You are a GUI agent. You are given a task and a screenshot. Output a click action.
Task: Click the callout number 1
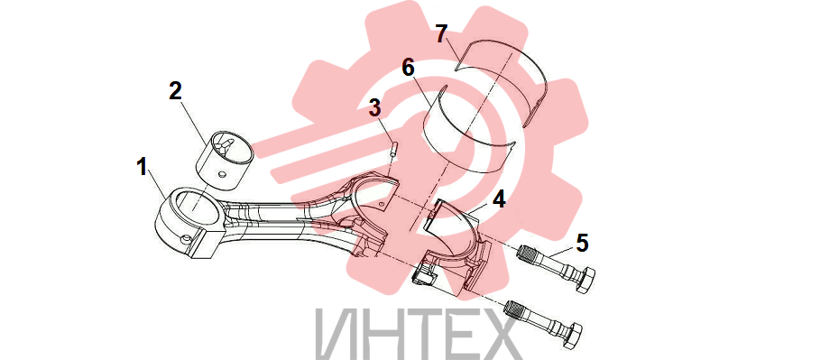(142, 168)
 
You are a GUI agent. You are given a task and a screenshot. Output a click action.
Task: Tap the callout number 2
(176, 91)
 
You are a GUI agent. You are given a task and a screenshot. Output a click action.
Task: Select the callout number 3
(374, 108)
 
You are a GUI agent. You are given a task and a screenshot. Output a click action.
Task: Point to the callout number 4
(498, 200)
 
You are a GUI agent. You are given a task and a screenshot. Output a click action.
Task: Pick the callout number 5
(582, 244)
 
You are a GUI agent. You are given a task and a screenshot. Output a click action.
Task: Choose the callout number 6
(409, 69)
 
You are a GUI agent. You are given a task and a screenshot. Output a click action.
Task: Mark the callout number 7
(440, 34)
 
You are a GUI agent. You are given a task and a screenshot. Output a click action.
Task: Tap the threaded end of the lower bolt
(515, 309)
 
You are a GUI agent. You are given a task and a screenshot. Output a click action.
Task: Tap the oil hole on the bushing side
(220, 174)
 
